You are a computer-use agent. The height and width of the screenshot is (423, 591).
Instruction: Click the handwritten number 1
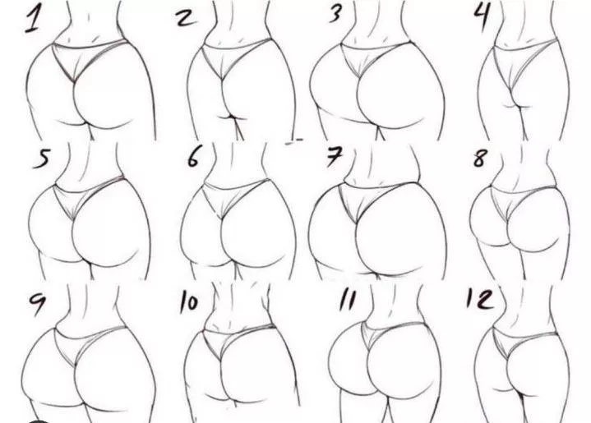(x=34, y=18)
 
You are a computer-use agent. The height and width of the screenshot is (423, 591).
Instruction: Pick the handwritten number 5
(x=39, y=159)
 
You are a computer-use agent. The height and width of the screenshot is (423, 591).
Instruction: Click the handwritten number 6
(x=193, y=157)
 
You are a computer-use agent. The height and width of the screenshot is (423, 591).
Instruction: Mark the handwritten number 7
(x=333, y=158)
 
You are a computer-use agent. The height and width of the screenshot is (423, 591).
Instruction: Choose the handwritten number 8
(x=480, y=159)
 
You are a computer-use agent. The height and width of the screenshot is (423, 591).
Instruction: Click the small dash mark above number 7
(x=293, y=141)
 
